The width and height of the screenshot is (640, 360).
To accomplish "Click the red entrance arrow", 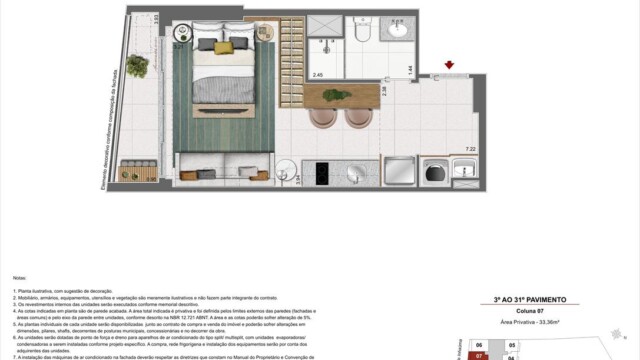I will pos(449,67).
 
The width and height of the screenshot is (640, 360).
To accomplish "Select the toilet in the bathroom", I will pos(362,34).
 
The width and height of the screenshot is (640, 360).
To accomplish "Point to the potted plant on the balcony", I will pos(139,67).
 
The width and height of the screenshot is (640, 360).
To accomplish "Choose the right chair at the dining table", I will pos(360,117).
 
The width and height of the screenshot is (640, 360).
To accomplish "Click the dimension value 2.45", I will pos(318,75).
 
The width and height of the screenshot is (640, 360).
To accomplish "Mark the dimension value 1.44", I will pos(410,69).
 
